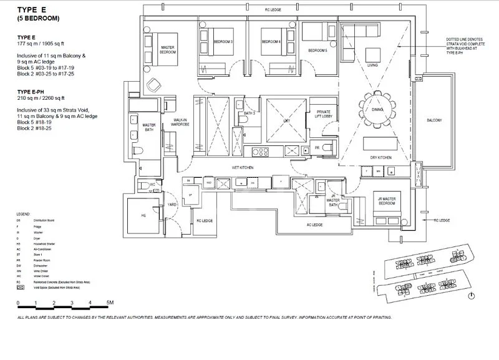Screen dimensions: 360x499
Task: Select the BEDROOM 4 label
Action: (x=271, y=42)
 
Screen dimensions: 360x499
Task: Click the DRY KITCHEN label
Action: (x=380, y=158)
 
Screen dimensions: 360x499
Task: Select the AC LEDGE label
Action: (x=314, y=224)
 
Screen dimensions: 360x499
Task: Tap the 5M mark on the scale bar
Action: (x=109, y=303)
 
